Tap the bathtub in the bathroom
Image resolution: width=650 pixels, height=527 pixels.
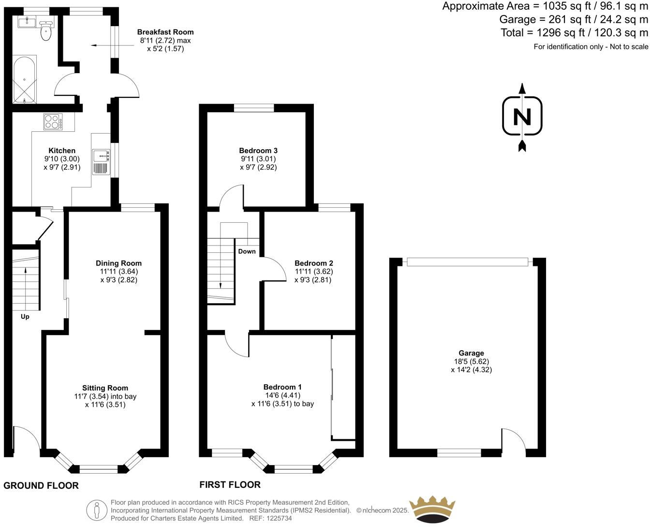tap(24, 79)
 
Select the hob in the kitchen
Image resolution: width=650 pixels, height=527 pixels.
tap(53, 122)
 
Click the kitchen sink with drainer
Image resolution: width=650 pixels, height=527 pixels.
tap(101, 162)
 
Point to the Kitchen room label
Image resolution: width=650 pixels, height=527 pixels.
tap(62, 151)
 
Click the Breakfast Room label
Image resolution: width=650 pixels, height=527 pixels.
tap(165, 32)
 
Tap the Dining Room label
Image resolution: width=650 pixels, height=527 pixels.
tap(118, 263)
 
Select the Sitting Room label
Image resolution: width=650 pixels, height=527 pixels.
tap(105, 388)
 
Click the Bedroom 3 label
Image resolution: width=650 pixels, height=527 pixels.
tap(258, 151)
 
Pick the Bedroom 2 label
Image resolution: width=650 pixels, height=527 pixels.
tap(314, 263)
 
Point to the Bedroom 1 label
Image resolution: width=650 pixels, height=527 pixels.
tap(282, 387)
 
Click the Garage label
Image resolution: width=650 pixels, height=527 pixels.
tap(471, 354)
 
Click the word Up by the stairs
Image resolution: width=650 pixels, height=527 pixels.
tap(25, 317)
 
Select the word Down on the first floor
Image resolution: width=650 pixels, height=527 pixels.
tap(247, 251)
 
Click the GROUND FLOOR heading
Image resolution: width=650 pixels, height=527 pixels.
tap(41, 486)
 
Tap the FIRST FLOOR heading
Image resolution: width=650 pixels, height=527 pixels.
tap(230, 485)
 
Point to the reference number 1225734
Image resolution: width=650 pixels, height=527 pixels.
tap(279, 518)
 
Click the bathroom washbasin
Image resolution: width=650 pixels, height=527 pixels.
tap(27, 23)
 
